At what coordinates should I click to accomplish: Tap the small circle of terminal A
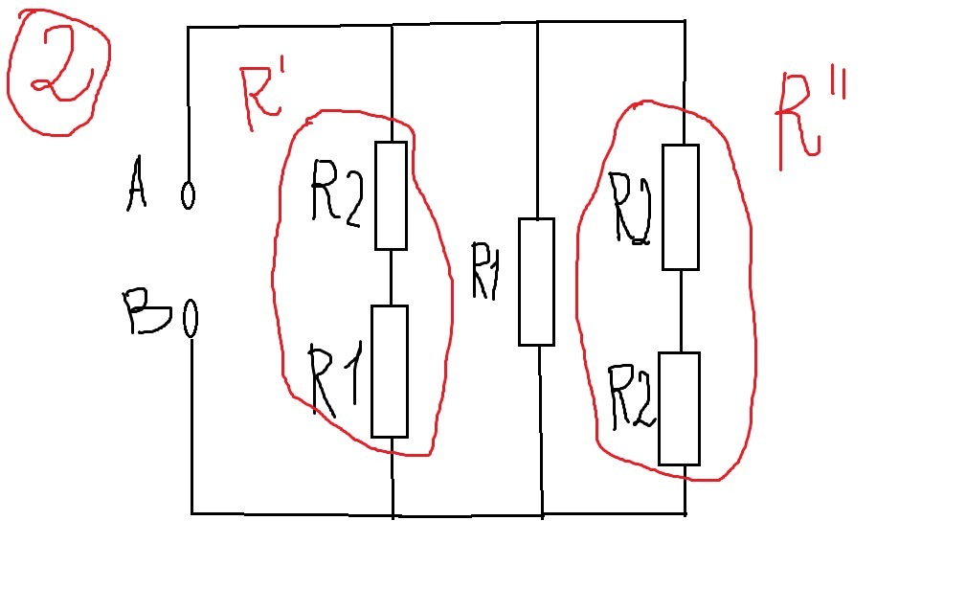[188, 194]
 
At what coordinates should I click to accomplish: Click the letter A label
[136, 184]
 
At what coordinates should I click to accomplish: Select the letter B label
[146, 311]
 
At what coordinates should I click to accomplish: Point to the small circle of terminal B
[191, 319]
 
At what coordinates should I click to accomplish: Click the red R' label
[260, 98]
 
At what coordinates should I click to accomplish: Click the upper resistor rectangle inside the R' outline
[392, 195]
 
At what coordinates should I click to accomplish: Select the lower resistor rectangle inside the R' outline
[390, 372]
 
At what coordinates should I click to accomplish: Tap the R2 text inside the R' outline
[337, 193]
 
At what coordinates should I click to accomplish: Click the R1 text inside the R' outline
[334, 381]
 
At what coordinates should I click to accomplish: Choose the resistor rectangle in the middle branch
[536, 282]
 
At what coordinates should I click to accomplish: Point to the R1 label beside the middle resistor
[484, 271]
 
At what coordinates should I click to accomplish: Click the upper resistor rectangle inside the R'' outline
[681, 207]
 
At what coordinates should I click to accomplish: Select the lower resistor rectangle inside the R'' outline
[680, 408]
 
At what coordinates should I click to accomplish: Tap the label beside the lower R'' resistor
[632, 396]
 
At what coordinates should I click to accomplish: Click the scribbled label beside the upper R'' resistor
[630, 208]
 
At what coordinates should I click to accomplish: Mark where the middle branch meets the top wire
[538, 23]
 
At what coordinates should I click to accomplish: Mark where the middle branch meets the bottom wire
[542, 515]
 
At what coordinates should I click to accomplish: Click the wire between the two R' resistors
[392, 278]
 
